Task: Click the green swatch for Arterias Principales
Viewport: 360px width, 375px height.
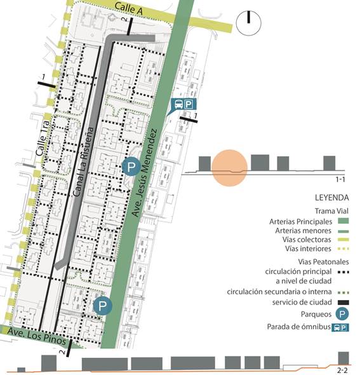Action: click(343, 221)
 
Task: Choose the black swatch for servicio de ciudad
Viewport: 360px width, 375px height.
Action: click(343, 302)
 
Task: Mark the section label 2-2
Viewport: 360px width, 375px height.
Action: click(343, 369)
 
